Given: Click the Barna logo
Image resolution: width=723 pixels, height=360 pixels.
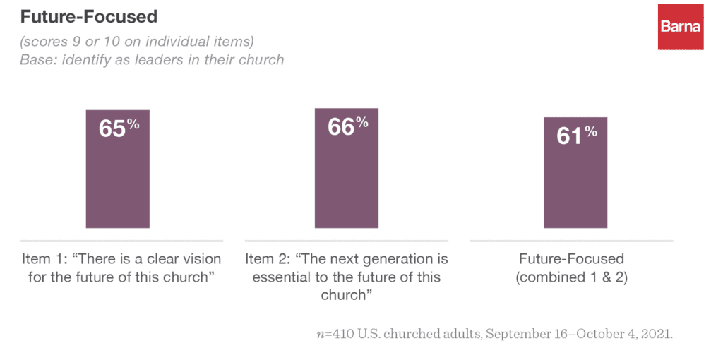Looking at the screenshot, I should coord(681,27).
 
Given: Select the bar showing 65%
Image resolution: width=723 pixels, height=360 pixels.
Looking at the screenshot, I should coord(117,184).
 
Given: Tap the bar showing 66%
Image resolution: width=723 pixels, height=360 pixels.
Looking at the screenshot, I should coord(347,184).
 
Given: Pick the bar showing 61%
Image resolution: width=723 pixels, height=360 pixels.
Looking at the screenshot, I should coord(575,187).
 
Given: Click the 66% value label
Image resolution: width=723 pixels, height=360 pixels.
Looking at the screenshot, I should coord(347,127).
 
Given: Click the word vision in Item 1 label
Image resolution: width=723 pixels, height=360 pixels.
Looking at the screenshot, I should coord(201,259).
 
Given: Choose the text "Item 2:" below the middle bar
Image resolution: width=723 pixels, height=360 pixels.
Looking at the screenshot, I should coord(269,259).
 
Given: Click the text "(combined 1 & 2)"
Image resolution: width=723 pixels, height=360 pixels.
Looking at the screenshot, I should coord(571,277).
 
